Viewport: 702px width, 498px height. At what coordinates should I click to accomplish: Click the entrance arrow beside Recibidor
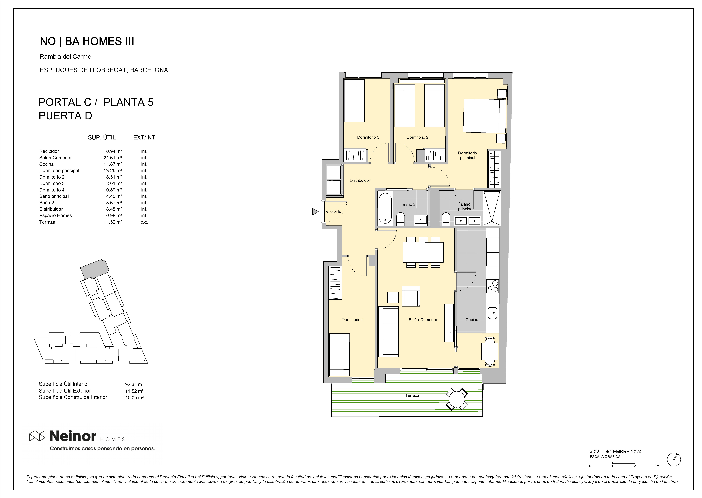tap(315, 211)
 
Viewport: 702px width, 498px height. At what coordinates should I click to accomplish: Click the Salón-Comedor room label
tap(423, 320)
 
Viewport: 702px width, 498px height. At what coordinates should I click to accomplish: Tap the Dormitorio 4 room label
tap(353, 320)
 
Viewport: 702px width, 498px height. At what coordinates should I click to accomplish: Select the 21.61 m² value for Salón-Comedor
tap(113, 158)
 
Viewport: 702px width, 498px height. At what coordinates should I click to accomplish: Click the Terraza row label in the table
tap(47, 222)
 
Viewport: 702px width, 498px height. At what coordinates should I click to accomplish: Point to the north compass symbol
tap(674, 459)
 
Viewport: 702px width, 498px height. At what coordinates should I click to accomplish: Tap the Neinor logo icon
tap(37, 436)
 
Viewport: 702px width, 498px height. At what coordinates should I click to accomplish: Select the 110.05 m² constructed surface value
tap(133, 398)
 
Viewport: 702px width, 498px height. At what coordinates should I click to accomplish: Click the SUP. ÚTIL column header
tap(102, 137)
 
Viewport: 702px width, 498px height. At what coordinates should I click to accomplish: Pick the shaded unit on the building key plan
tap(94, 269)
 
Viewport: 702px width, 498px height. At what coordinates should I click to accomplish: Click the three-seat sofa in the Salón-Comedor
tap(389, 331)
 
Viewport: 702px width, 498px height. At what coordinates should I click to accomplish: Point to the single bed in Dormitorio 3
tap(354, 101)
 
